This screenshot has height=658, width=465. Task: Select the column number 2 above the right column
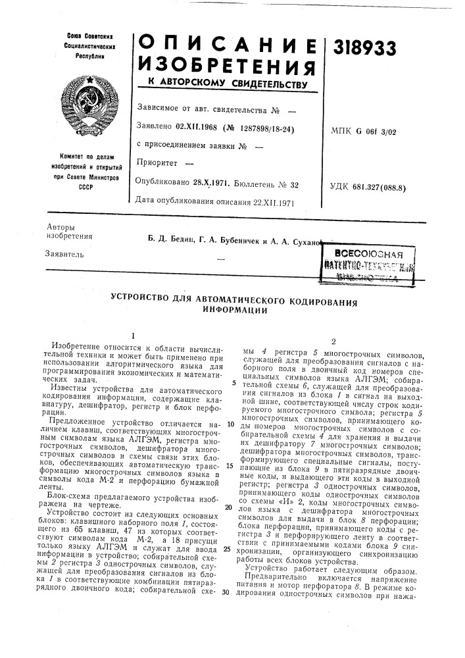335,342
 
